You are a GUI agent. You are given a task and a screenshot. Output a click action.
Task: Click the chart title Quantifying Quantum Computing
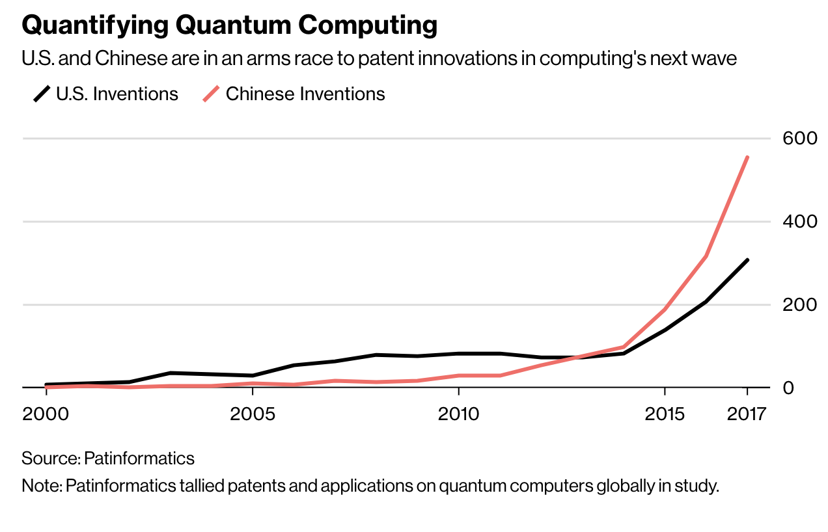point(229,25)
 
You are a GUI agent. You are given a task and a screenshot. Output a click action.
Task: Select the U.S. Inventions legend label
point(117,94)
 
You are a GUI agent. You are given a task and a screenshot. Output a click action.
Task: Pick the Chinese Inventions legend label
point(305,94)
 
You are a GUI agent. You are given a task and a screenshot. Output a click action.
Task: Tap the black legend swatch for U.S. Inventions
point(42,95)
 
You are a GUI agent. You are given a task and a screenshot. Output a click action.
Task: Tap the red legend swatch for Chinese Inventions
point(212,95)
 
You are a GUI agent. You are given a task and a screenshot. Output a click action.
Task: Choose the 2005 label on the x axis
point(253,414)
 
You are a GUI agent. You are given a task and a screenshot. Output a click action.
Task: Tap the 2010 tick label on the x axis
point(459,414)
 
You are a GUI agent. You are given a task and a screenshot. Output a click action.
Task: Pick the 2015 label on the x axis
point(664,414)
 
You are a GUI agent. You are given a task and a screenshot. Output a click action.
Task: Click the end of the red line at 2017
point(747,157)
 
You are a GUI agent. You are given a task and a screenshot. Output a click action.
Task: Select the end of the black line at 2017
point(747,260)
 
